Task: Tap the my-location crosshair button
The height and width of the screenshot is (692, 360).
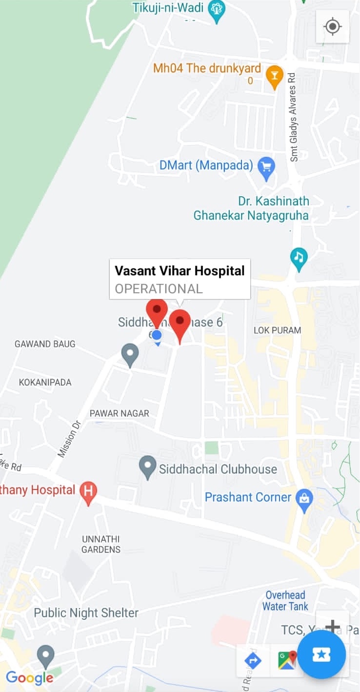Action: [x=332, y=26]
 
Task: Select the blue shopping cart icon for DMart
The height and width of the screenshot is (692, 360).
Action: [x=266, y=167]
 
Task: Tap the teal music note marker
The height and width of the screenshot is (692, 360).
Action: [x=299, y=257]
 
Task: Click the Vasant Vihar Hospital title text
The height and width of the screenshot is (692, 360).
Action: [x=180, y=270]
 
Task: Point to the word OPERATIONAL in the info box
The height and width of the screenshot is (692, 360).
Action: [x=159, y=288]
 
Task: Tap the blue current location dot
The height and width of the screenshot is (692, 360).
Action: [x=157, y=335]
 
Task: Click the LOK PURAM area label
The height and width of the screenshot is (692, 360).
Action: [x=277, y=330]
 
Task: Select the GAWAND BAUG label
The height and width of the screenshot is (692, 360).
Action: [x=45, y=344]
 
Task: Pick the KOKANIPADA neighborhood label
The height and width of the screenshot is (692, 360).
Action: [x=45, y=382]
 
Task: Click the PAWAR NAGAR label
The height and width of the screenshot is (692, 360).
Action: [x=119, y=413]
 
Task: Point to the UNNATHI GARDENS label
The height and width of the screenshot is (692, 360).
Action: [x=101, y=544]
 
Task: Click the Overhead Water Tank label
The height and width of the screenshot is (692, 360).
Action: [x=285, y=601]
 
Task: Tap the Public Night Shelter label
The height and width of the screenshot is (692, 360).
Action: [x=86, y=613]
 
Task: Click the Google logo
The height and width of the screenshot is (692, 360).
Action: [x=30, y=678]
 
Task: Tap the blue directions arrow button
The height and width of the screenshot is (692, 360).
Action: [x=253, y=661]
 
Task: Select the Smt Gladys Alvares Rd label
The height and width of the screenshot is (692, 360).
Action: [x=293, y=117]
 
